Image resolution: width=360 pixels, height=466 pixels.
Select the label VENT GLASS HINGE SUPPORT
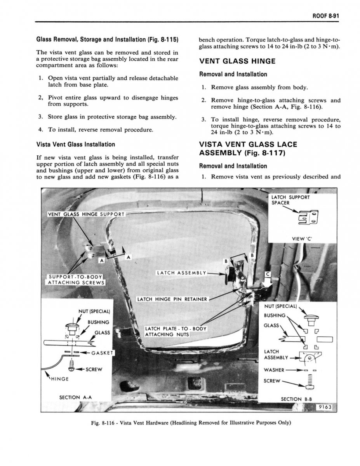point(86,214)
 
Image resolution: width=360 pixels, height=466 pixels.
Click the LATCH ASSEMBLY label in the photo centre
point(181,273)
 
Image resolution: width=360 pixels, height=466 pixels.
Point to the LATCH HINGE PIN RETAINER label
point(172,299)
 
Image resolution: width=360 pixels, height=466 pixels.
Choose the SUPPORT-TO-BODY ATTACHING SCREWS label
point(75,279)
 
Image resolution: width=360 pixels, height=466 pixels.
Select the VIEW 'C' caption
point(305,238)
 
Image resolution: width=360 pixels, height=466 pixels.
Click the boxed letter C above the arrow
point(267,275)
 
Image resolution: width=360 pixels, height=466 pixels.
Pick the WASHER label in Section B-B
point(274,369)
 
